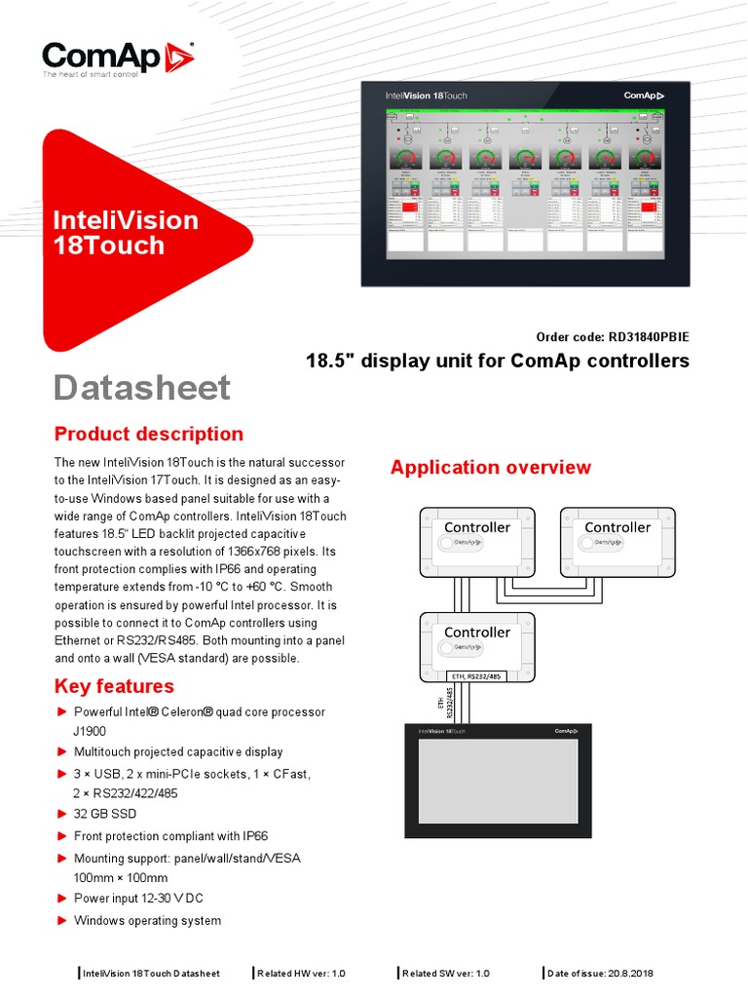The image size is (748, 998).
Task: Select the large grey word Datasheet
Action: point(142,388)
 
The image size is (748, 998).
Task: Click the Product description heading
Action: point(149,434)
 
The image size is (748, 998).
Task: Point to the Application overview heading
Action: point(490,467)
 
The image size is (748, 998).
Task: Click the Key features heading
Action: point(114,685)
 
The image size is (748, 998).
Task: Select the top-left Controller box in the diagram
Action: point(477,542)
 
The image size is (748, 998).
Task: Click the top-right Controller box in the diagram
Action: point(617,542)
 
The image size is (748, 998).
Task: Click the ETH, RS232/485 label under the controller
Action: point(477,675)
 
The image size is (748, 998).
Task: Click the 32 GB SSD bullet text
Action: point(105,814)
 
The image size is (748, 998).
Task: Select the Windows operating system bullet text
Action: point(147,920)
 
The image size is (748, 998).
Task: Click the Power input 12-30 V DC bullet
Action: point(138,899)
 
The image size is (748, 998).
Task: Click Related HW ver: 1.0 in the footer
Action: point(301,973)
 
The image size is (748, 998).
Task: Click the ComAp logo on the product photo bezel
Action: point(644,96)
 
